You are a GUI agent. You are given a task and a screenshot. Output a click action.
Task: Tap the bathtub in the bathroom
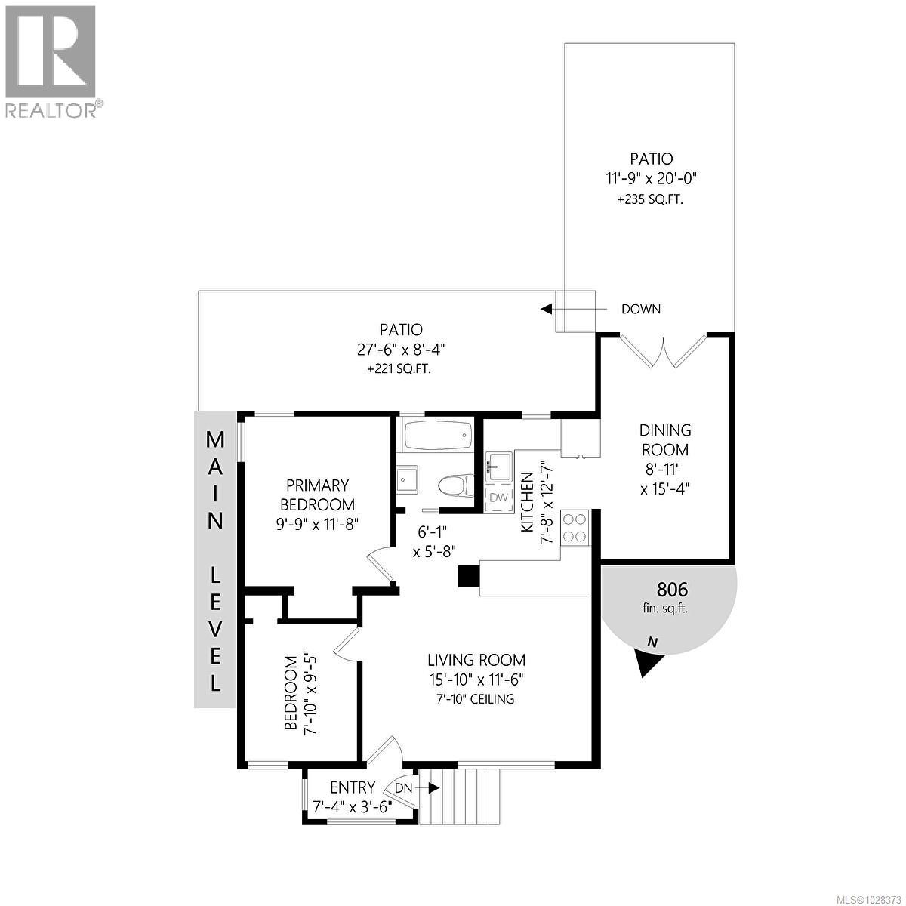point(437,436)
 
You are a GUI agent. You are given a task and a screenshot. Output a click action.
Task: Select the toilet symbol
point(455,484)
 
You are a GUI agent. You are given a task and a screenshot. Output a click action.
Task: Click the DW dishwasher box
point(499,497)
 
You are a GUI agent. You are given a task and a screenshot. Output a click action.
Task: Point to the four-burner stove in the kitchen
point(575,527)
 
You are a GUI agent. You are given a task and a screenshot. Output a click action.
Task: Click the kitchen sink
point(498,467)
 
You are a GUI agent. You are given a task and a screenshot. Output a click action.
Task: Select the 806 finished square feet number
point(672,590)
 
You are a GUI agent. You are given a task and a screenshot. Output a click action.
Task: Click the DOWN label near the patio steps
point(640,309)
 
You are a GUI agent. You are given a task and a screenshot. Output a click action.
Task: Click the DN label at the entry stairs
point(405,787)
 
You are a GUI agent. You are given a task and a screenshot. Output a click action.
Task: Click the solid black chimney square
point(468,576)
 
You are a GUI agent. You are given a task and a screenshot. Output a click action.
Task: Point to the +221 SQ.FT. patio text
point(400,369)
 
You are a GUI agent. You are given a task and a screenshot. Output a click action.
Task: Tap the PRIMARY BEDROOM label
point(317,495)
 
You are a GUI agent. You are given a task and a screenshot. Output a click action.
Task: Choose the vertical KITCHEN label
point(528,502)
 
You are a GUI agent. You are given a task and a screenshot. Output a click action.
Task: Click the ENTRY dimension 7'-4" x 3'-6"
point(353,806)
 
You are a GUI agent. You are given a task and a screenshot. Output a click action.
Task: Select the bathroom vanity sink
point(407,479)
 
